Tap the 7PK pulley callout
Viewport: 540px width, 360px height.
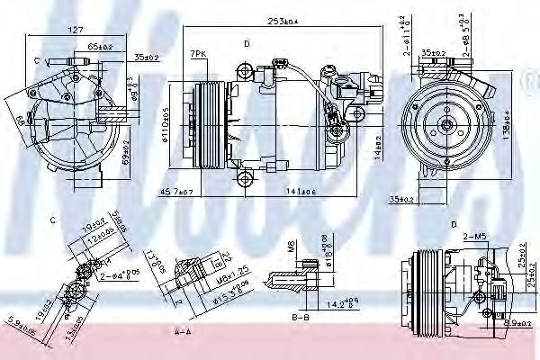(198, 55)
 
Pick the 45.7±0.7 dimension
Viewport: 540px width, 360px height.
(175, 193)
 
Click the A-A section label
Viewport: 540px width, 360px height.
(184, 331)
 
